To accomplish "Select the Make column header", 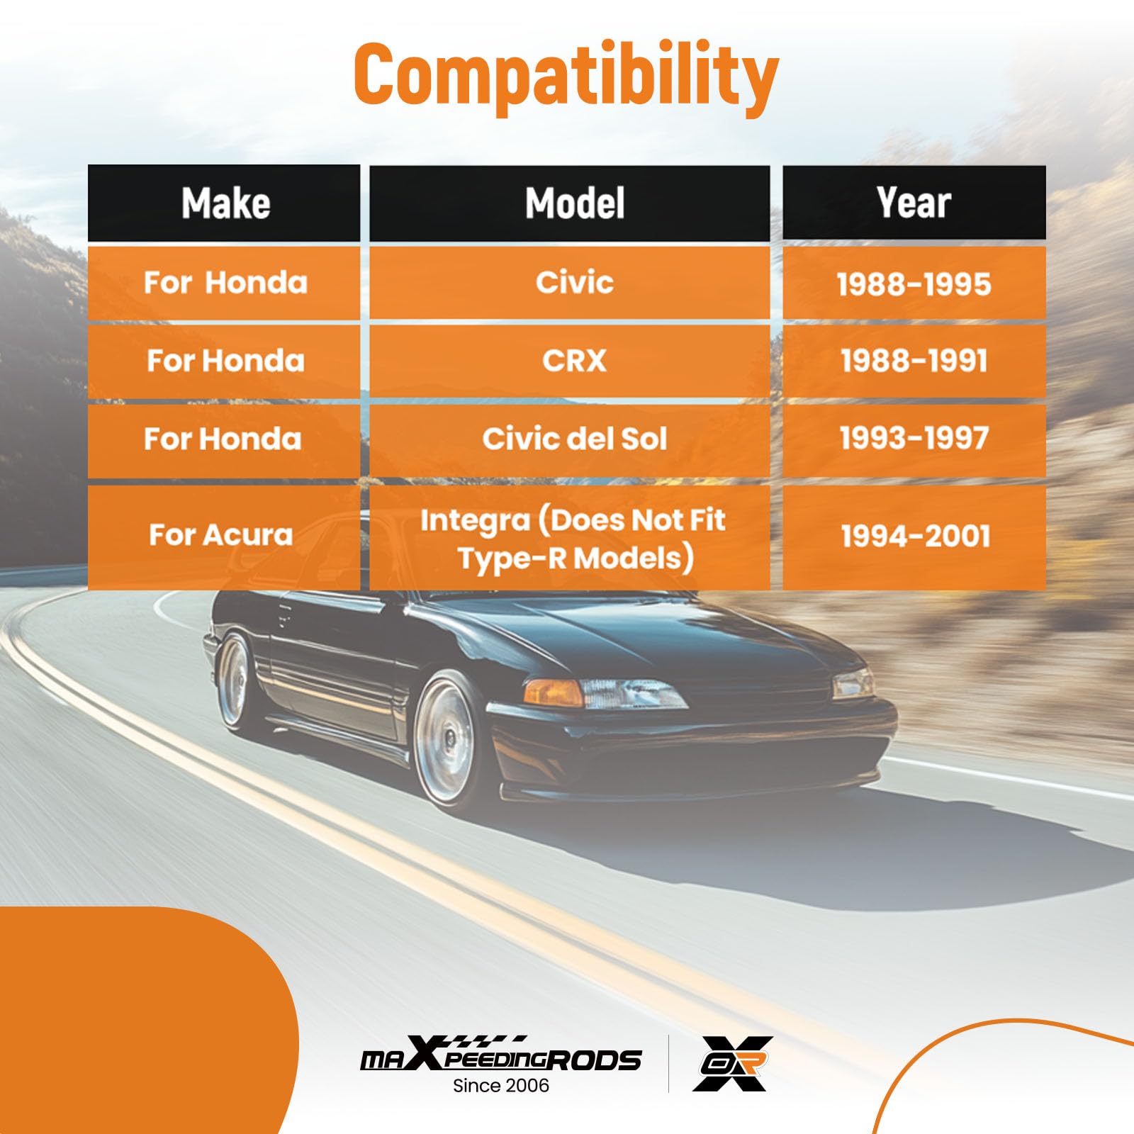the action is point(224,203).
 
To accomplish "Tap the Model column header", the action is point(570,203).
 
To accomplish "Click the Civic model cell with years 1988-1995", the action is point(570,283).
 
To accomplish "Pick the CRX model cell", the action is point(570,361).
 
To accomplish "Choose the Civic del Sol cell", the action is point(570,439).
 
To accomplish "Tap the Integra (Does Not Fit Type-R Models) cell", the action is point(570,537).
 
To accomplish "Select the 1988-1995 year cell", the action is point(914,283).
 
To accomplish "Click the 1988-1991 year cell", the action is point(914,361).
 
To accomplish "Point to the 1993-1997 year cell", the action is point(914,439).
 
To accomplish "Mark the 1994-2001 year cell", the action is point(914,537).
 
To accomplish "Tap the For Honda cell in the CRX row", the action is point(224,361).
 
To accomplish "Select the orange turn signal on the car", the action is point(554,692).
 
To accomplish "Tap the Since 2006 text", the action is point(501,1085).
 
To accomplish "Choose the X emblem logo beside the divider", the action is point(733,1063).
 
